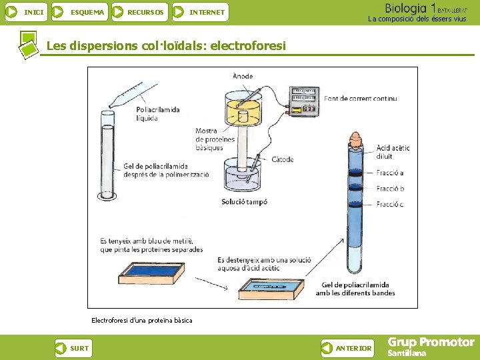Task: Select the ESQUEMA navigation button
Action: click(x=79, y=12)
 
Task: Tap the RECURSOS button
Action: click(x=138, y=12)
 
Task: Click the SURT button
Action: click(x=73, y=348)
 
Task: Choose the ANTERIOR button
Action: click(x=347, y=348)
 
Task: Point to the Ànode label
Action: click(x=243, y=76)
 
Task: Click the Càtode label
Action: click(x=283, y=160)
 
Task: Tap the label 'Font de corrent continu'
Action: click(x=361, y=99)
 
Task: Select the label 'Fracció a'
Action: click(x=390, y=173)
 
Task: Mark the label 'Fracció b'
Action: click(x=390, y=189)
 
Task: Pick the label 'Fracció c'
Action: click(x=390, y=205)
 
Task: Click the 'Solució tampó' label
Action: click(x=245, y=202)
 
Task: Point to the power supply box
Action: click(x=304, y=102)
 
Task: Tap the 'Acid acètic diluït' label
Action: click(x=393, y=152)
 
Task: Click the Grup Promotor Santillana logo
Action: click(x=431, y=347)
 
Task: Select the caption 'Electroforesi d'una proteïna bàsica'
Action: click(x=141, y=321)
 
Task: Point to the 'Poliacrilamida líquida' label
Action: click(x=157, y=114)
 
